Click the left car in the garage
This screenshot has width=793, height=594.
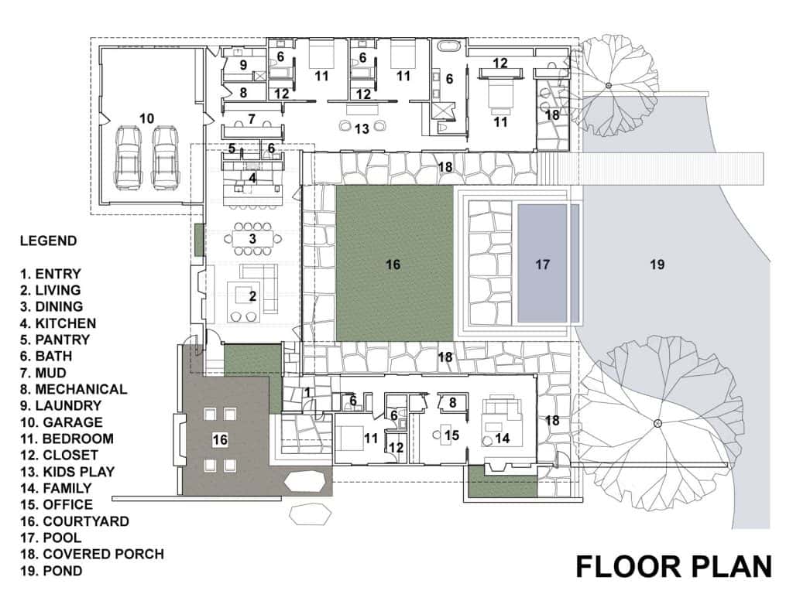click(x=128, y=157)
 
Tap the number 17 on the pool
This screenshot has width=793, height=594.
click(x=542, y=265)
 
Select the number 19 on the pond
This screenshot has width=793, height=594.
click(x=657, y=265)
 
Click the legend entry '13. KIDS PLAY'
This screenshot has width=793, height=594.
click(x=67, y=472)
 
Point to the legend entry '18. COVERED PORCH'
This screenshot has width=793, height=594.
click(x=92, y=554)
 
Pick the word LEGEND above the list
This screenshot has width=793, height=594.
click(x=49, y=241)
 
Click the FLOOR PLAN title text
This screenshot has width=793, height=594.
click(x=674, y=566)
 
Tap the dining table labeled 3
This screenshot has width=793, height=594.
click(x=252, y=238)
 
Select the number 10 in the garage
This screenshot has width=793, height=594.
click(x=146, y=118)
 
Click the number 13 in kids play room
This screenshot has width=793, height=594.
click(x=362, y=129)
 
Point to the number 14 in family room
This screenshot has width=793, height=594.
click(x=502, y=439)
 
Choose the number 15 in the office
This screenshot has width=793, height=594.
click(x=451, y=435)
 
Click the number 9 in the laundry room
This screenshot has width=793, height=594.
click(x=243, y=65)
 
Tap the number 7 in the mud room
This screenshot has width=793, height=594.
click(x=252, y=119)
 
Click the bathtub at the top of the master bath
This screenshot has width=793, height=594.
click(x=449, y=46)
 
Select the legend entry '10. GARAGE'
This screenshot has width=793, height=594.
click(x=61, y=422)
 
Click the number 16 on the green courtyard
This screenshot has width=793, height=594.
click(x=393, y=265)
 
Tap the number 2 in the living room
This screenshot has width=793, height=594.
click(x=253, y=296)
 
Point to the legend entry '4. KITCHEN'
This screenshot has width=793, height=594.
click(x=58, y=323)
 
